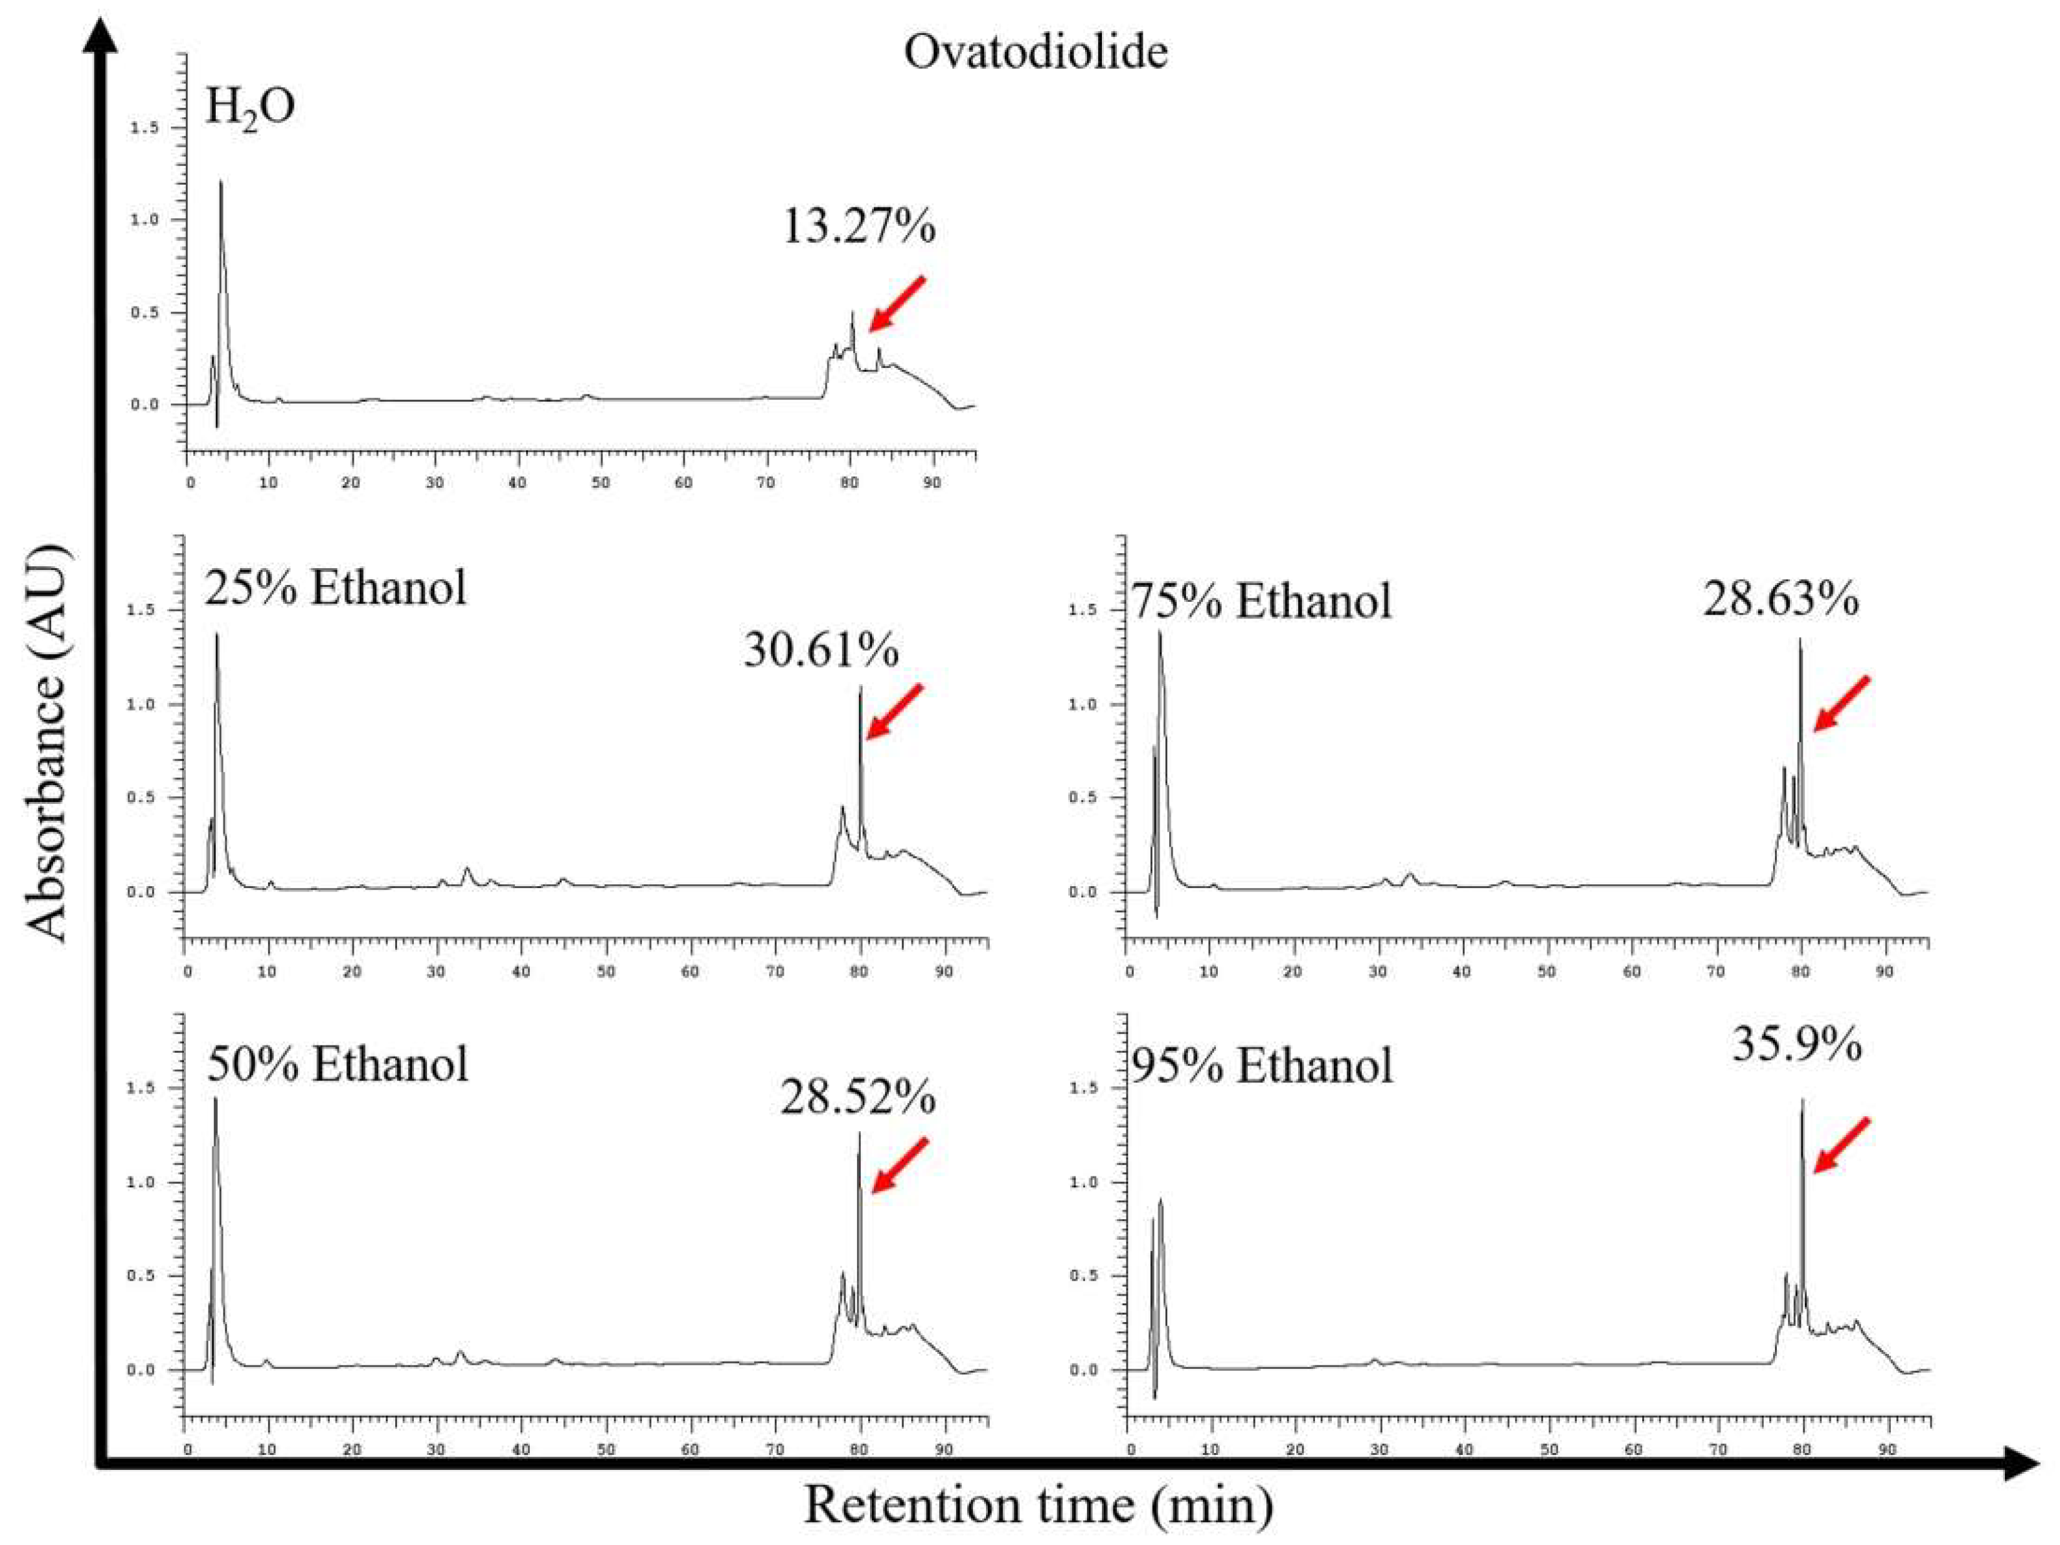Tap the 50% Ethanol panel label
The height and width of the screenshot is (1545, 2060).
click(x=337, y=1064)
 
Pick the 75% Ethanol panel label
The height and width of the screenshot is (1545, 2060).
click(x=1261, y=601)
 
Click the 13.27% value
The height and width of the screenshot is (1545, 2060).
click(x=858, y=225)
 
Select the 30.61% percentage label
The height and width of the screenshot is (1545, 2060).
click(x=821, y=649)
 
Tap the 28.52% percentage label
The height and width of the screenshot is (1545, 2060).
click(x=858, y=1098)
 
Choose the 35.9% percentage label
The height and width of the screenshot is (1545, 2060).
click(x=1796, y=1045)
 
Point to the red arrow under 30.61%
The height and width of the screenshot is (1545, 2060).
click(x=893, y=713)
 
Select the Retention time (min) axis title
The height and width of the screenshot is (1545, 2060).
click(x=1038, y=1504)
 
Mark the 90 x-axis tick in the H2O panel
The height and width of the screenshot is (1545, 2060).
click(x=930, y=483)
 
